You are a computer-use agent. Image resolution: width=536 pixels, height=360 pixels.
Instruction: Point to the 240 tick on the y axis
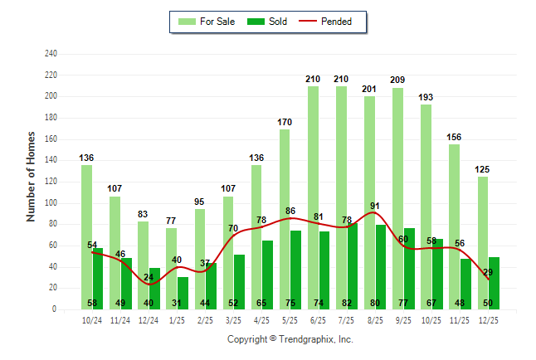point(51,54)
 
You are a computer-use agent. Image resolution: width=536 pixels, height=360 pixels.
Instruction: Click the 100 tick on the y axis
point(51,203)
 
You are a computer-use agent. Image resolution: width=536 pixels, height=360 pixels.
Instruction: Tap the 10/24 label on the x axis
point(92,320)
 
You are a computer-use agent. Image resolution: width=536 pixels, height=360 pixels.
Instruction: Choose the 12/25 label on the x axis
point(489,320)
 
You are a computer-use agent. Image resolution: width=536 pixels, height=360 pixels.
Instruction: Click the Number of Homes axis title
point(32,176)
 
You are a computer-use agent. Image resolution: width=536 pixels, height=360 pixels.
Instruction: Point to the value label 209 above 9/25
point(397,80)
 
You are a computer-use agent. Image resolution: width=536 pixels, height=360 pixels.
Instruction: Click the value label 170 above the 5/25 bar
point(285,121)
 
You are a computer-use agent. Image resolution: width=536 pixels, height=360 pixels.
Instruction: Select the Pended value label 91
point(376,207)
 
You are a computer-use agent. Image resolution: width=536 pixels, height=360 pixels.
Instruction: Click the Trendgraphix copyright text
point(290,339)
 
